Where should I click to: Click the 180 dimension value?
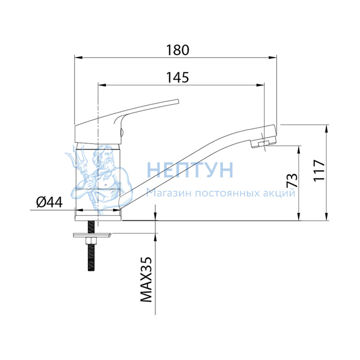pos(178,50)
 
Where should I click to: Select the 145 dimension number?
pos(177,77)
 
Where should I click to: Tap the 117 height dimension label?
pos(319,170)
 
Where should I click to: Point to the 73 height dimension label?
pos(292,180)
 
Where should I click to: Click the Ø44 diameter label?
pos(49,202)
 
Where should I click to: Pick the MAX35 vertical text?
pos(146,279)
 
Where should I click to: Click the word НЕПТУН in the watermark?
pos(190,170)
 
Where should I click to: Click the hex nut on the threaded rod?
pos(92,241)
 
